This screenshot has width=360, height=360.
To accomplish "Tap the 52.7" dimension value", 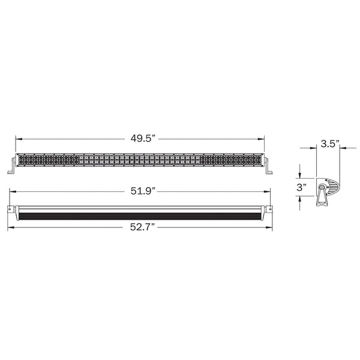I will pyautogui.click(x=142, y=227).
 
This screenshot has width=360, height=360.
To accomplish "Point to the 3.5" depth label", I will pyautogui.click(x=329, y=143).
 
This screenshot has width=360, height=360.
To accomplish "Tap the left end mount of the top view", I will pyautogui.click(x=11, y=209).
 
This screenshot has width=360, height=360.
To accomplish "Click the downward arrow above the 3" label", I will pyautogui.click(x=302, y=174).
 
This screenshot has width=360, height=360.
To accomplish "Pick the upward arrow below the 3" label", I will pyautogui.click(x=302, y=201).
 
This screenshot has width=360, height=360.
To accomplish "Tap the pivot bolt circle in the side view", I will pyautogui.click(x=325, y=188).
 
